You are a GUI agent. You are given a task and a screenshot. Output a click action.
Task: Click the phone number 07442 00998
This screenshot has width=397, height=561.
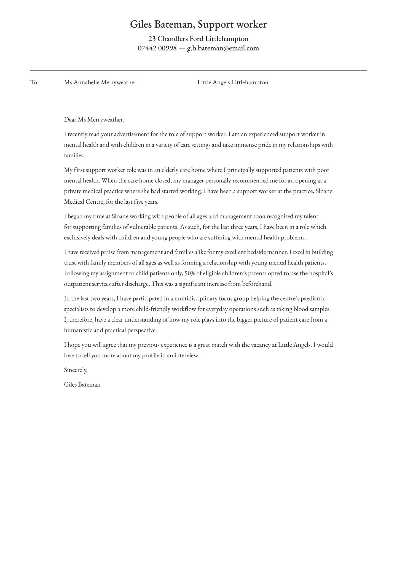157,48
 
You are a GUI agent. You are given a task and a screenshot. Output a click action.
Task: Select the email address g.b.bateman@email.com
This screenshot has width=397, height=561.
223,48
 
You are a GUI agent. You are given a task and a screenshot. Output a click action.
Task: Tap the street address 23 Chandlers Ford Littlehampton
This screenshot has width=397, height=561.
198,39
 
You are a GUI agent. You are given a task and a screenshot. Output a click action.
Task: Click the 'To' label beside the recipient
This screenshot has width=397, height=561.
33,82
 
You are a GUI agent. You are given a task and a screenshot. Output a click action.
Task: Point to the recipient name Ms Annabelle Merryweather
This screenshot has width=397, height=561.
100,82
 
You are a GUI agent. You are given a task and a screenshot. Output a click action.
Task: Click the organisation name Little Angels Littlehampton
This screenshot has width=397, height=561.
233,82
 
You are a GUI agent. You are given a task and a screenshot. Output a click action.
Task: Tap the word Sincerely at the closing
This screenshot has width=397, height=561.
76,370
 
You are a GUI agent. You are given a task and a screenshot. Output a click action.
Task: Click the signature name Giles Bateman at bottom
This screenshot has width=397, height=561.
82,384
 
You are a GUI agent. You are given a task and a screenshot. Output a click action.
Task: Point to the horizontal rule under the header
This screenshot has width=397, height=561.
198,70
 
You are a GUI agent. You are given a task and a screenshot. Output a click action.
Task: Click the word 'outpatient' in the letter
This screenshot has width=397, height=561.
77,284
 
